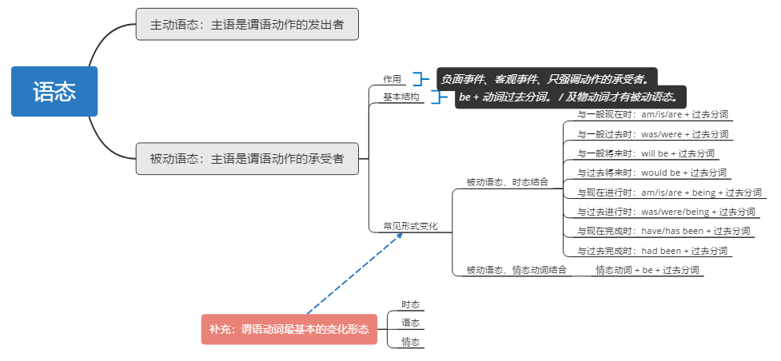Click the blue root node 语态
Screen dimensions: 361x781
[54, 92]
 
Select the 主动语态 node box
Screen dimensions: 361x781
[246, 25]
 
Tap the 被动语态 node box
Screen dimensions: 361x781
[246, 159]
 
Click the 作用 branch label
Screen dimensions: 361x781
[392, 79]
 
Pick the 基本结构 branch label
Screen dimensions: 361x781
[400, 97]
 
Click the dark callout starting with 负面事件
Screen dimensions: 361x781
[547, 78]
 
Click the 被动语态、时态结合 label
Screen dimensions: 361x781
[507, 182]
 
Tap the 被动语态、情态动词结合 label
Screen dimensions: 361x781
[516, 270]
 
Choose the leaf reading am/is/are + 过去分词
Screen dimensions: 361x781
[653, 114]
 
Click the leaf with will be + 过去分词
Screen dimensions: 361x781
[646, 153]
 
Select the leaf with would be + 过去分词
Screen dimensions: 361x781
[652, 173]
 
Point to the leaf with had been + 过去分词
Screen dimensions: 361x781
[652, 251]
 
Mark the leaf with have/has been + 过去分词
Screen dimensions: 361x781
[663, 231]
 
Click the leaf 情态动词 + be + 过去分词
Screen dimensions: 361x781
[648, 270]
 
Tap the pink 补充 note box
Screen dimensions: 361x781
[289, 329]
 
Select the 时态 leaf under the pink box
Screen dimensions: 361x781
[410, 304]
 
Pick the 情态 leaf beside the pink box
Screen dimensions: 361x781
[410, 342]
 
